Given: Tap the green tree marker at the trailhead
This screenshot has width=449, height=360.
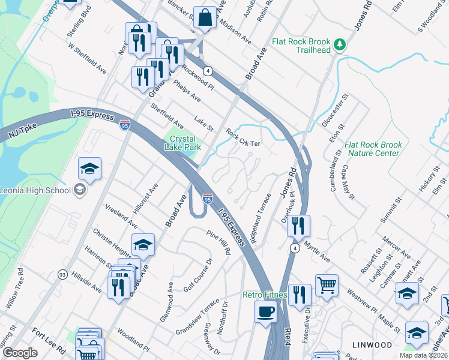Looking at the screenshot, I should pos(340,44).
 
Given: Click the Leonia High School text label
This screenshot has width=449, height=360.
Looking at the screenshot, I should pos(36,191).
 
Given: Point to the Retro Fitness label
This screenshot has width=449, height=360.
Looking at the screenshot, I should pos(266,295).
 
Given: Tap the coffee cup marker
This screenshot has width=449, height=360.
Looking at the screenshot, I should pos(266,312).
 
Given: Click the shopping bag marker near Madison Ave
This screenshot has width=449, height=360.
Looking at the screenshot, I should pos(205,19).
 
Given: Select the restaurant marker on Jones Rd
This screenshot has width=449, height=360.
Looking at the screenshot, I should pos(298,227).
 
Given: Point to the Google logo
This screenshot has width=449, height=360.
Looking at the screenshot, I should pos(20,352).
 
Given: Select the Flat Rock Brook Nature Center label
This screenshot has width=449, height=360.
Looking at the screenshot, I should pos(372,149).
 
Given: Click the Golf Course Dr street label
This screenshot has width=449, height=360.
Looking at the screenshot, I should pos(199,275).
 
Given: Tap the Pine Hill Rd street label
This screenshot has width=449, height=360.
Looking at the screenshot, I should pos(218,242).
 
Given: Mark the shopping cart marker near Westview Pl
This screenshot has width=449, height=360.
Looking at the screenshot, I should pos(327,286).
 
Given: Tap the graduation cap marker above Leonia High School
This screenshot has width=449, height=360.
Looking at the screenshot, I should pos(89,169).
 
